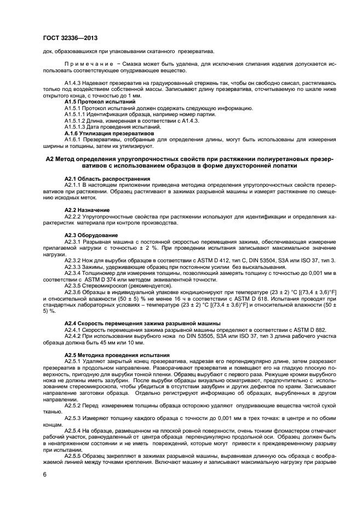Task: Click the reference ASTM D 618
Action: point(235,299)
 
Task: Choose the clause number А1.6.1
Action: point(74,139)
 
